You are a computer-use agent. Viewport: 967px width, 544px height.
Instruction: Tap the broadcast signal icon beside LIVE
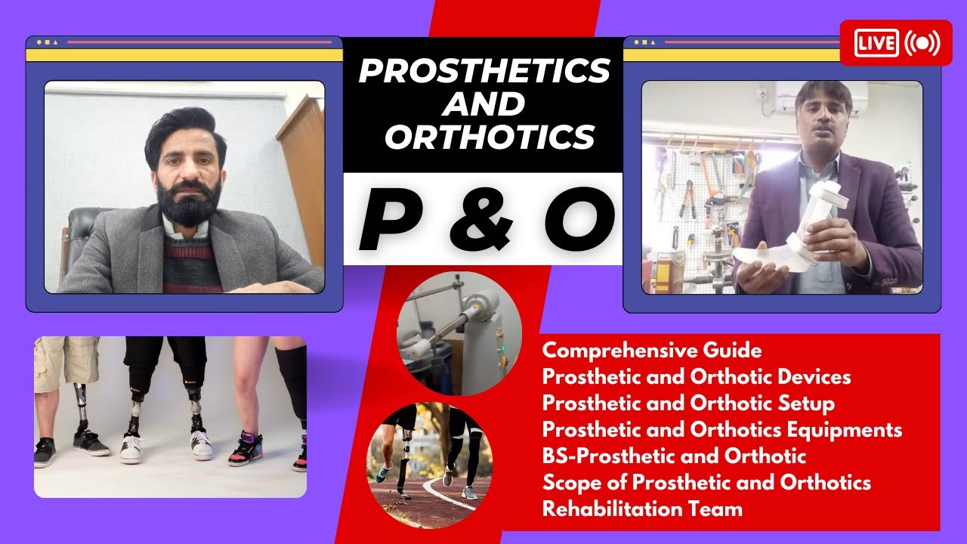click(x=922, y=43)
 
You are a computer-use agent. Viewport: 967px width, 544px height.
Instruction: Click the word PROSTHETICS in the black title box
click(x=483, y=71)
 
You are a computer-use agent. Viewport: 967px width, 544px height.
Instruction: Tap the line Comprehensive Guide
click(x=652, y=351)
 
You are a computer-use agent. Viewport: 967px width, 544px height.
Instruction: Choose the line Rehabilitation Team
click(x=642, y=508)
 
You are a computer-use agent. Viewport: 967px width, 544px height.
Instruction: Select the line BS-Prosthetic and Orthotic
click(x=674, y=456)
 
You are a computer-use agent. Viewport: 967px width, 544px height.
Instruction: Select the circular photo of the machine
click(x=459, y=333)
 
